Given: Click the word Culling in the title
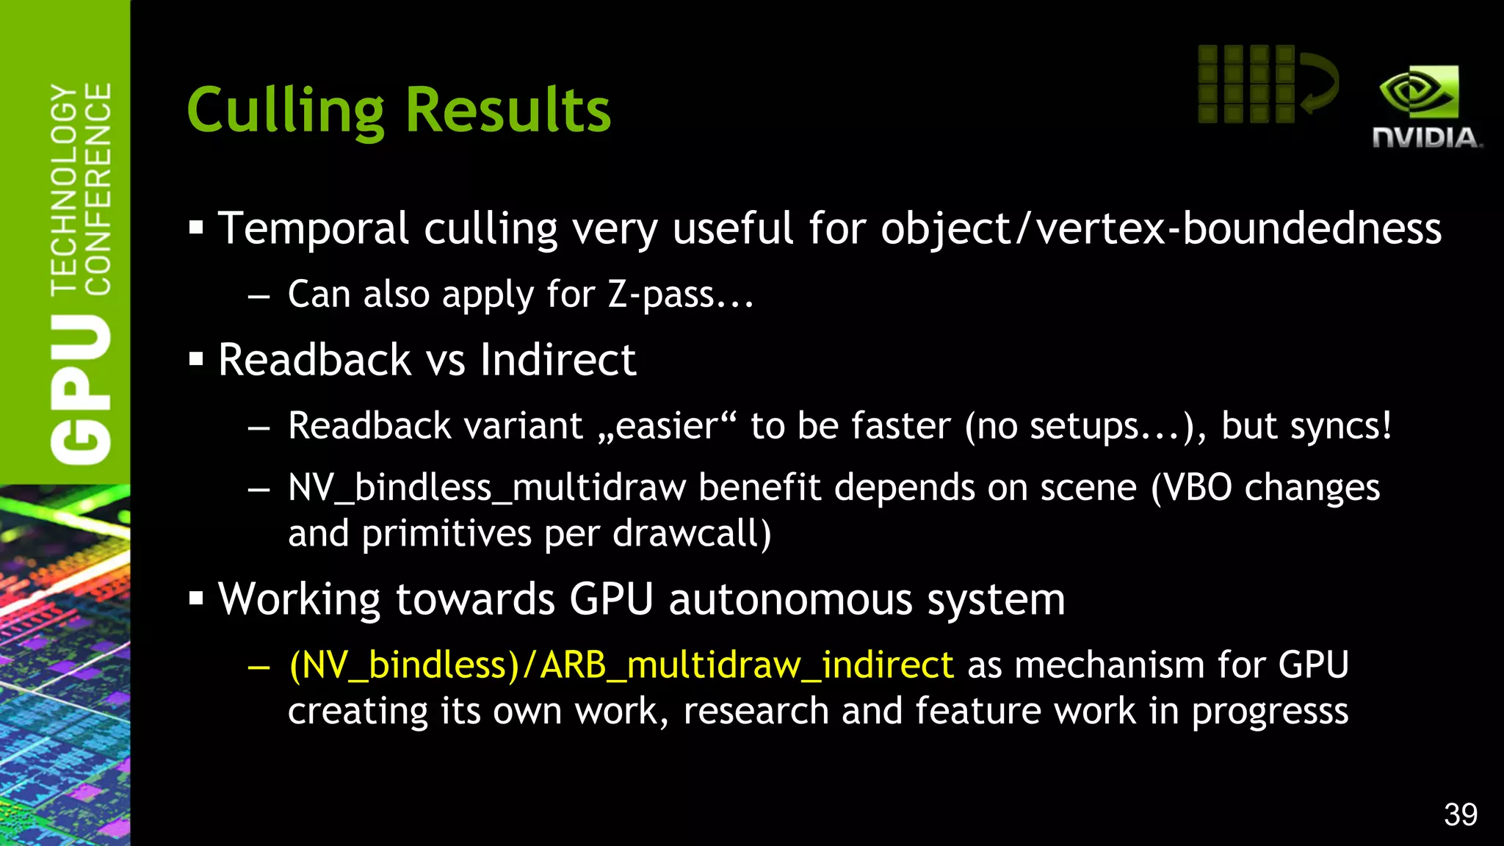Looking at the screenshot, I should pyautogui.click(x=285, y=110).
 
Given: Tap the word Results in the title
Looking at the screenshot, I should pyautogui.click(x=507, y=110).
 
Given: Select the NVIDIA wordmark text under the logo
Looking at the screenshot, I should pyautogui.click(x=1426, y=138).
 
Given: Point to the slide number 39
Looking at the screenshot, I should pyautogui.click(x=1460, y=814).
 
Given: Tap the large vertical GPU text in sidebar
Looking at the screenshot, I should pyautogui.click(x=81, y=389).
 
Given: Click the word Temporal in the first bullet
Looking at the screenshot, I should pyautogui.click(x=313, y=228).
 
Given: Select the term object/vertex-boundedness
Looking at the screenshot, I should pyautogui.click(x=1161, y=228).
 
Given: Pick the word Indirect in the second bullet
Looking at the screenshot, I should pyautogui.click(x=558, y=360).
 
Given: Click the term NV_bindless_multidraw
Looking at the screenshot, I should pyautogui.click(x=487, y=488).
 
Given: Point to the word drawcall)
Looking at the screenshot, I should pyautogui.click(x=692, y=534).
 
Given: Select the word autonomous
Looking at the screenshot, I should pyautogui.click(x=790, y=599).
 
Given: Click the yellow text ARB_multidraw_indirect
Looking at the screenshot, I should pyautogui.click(x=747, y=665).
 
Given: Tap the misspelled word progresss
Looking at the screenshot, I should pyautogui.click(x=1270, y=712).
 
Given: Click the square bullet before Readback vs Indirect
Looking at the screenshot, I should pyautogui.click(x=195, y=360).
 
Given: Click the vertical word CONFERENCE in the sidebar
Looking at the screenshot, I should pyautogui.click(x=98, y=189).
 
